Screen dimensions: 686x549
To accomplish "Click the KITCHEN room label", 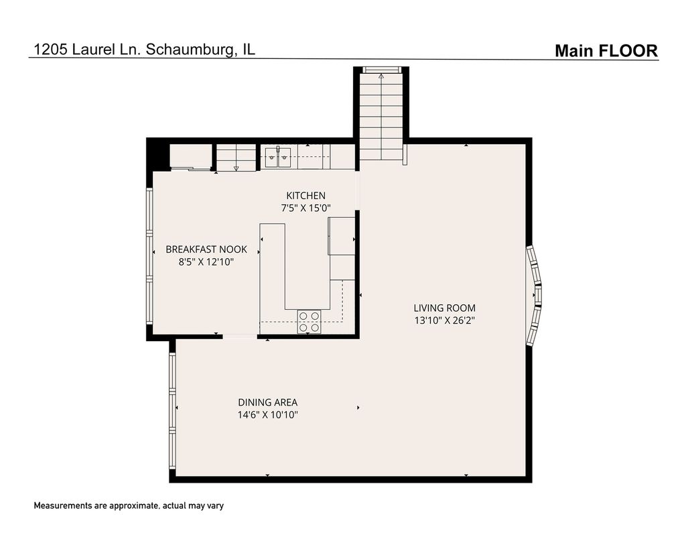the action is coord(305,196).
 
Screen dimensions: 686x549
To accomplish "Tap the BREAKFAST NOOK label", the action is coord(206,249).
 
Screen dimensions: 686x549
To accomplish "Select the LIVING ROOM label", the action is coord(445,308).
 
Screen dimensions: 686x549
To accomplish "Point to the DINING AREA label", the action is coord(267,402).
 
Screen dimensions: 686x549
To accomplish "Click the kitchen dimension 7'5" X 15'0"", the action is coord(305,208).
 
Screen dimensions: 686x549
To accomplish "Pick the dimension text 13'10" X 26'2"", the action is coord(445,320).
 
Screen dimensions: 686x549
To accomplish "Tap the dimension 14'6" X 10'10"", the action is coord(267,414).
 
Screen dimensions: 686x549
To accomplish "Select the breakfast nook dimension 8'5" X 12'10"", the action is coord(206,262).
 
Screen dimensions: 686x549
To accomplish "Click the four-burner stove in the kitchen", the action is coord(309,321).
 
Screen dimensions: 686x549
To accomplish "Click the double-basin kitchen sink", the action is coord(278,157).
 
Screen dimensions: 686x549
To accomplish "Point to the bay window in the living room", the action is coord(534,296).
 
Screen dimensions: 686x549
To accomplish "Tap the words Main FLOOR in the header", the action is coord(606,51).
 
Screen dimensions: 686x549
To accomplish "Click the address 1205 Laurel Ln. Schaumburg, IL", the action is coord(145,49).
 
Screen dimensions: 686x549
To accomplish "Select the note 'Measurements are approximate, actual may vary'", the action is coord(129,505).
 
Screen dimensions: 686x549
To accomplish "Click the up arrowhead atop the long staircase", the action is coord(381,76).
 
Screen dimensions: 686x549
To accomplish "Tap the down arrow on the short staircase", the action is coord(236,168).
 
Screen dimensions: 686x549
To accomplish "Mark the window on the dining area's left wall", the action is coord(172,410).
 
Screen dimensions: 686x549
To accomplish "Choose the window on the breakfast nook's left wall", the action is coord(149,256).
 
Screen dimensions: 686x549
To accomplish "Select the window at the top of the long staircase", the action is coord(381,70).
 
